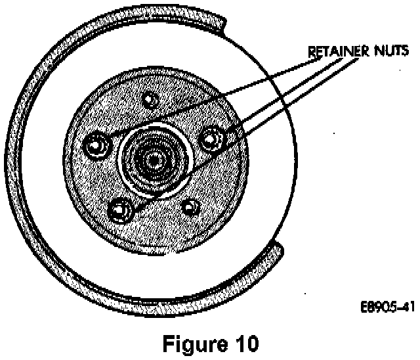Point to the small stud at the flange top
(x=150, y=99)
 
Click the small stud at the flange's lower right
(x=190, y=208)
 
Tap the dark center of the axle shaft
(x=155, y=158)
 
